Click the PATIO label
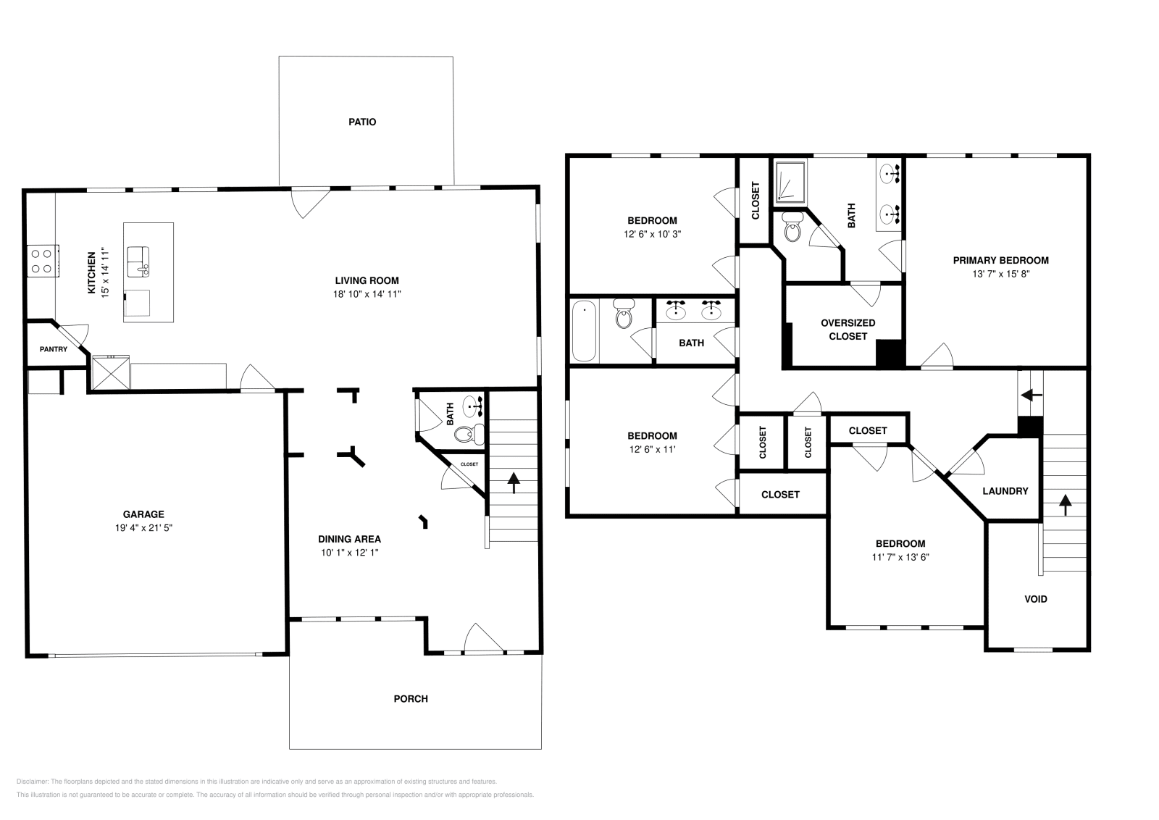(x=362, y=122)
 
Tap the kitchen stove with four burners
(x=43, y=261)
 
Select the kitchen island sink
(x=138, y=262)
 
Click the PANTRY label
(x=54, y=349)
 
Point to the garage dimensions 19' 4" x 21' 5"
(x=143, y=527)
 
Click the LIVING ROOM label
(x=367, y=281)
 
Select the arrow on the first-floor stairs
(x=514, y=482)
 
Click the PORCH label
(x=411, y=699)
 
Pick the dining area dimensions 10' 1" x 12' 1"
(x=349, y=553)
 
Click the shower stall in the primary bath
(x=790, y=181)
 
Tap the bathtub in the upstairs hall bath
(x=584, y=331)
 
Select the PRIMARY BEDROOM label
(x=1000, y=261)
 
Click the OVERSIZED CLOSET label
(x=848, y=330)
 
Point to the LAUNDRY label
(x=1005, y=491)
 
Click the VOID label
(x=1036, y=599)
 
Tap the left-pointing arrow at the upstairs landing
(x=1032, y=396)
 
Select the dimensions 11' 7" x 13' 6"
(x=900, y=557)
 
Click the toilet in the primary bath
(x=792, y=227)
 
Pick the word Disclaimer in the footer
(x=32, y=782)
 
